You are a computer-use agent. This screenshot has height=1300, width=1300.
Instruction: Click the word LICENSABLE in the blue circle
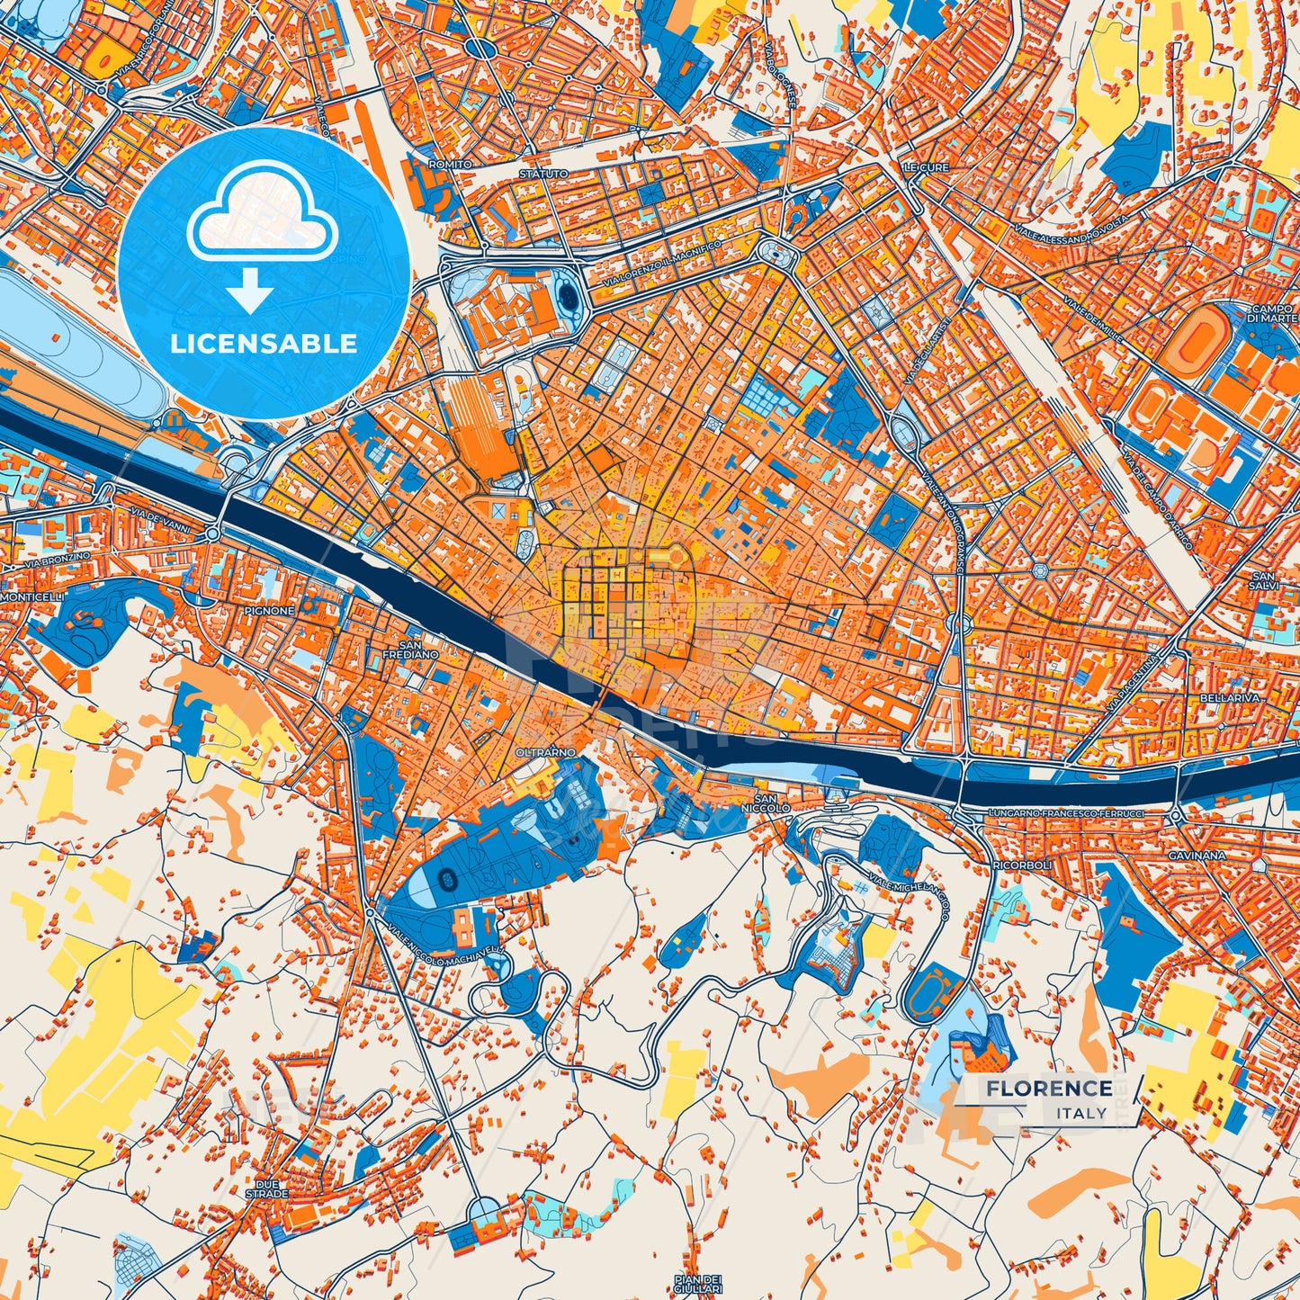point(264,344)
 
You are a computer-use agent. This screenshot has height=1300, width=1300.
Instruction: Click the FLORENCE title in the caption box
point(1048,1089)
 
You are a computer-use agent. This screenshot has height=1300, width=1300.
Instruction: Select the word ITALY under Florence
point(1082,1113)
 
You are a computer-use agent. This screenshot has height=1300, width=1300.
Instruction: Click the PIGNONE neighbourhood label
point(268,611)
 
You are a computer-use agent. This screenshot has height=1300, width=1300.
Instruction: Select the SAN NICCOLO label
point(772,803)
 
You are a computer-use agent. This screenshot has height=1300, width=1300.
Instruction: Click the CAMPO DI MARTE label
point(1273,313)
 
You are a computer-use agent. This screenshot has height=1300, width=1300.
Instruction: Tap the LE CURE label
point(926,168)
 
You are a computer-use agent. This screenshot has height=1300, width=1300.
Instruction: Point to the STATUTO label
point(543,173)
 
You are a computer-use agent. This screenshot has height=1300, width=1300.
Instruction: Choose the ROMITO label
point(450,166)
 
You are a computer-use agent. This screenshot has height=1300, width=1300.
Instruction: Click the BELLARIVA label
point(1236,698)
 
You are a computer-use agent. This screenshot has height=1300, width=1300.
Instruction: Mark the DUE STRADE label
point(267,1188)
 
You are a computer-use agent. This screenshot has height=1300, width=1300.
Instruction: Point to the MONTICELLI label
point(31,597)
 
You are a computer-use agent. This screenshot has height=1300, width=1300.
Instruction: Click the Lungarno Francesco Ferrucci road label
point(1066,813)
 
